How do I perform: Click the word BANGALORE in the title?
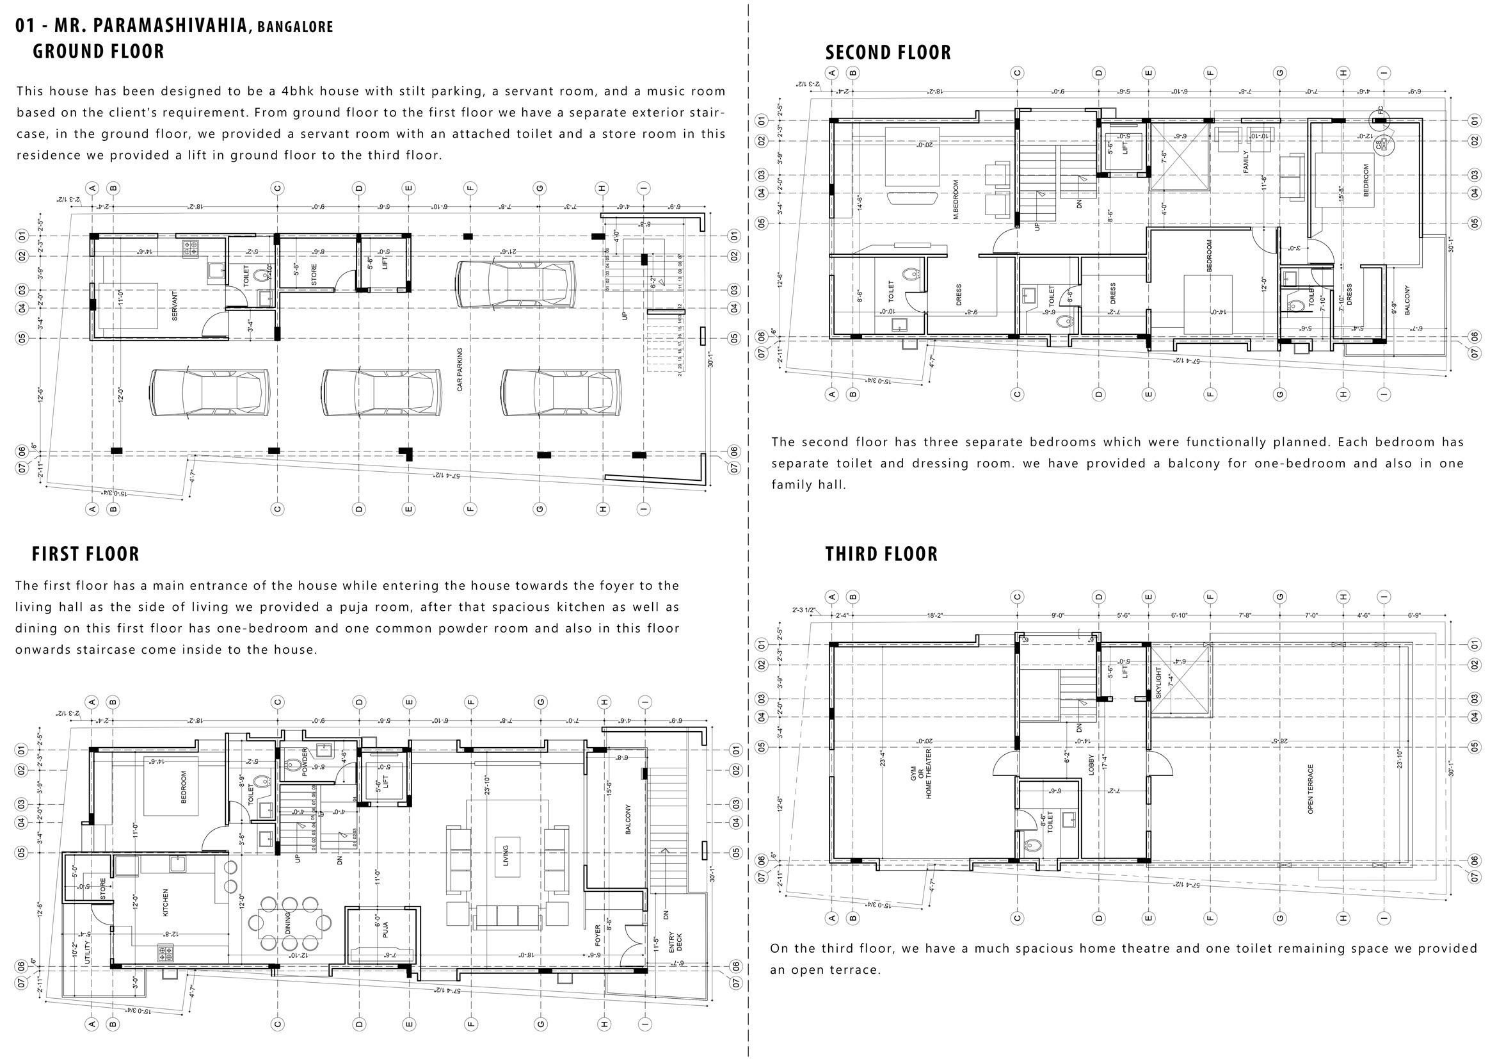[294, 27]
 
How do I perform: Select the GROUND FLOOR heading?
[99, 51]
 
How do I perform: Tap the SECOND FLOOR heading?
[888, 52]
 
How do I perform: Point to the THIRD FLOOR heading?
[881, 554]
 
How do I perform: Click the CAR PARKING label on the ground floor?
[460, 369]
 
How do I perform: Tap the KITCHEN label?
[165, 903]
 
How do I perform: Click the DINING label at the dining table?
[287, 923]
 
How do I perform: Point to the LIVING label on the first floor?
[506, 856]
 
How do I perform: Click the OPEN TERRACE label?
[1311, 789]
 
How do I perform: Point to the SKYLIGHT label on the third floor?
[1158, 682]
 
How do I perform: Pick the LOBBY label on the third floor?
[1091, 764]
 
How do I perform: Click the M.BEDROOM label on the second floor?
[956, 200]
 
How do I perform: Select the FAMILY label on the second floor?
[1245, 162]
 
